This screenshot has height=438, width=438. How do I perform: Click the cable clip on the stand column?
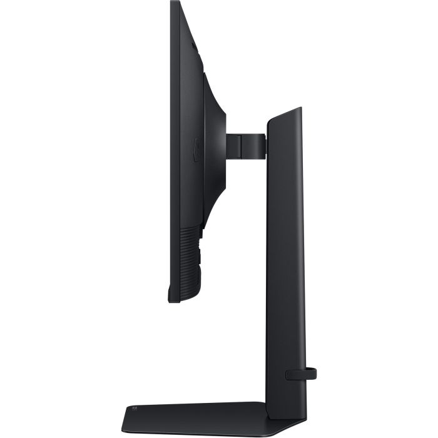click(301, 374)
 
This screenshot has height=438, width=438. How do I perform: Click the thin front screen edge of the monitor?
click(171, 156)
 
